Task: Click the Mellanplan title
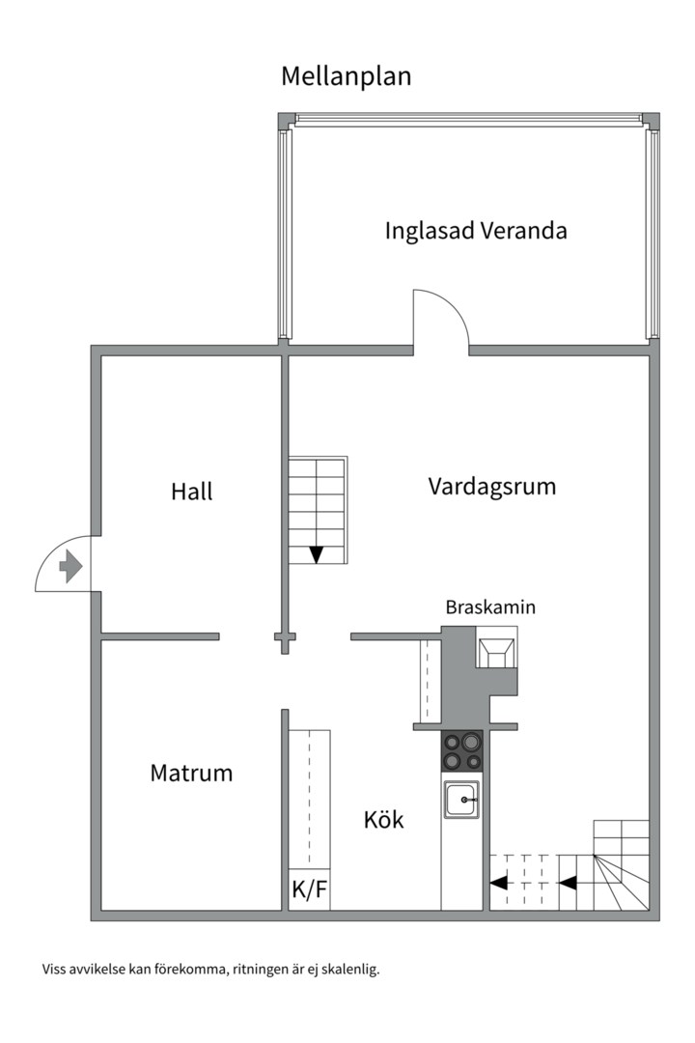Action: coord(346,76)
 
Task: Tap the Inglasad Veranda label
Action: coord(476,231)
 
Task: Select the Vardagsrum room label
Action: coord(492,487)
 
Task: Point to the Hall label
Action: coord(191,492)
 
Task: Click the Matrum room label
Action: coord(191,773)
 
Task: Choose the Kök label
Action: coord(384,819)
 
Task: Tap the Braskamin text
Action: coord(490,607)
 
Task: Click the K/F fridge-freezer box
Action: coord(309,889)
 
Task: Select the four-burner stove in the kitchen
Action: coord(462,751)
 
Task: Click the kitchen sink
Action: coord(462,800)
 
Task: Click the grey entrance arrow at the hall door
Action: coord(70,567)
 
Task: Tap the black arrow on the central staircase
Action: coord(317,554)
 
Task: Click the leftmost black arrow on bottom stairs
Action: coord(498,883)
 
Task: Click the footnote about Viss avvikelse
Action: coord(210,970)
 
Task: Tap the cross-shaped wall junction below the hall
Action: coord(286,637)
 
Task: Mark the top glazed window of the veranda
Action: coord(469,120)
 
